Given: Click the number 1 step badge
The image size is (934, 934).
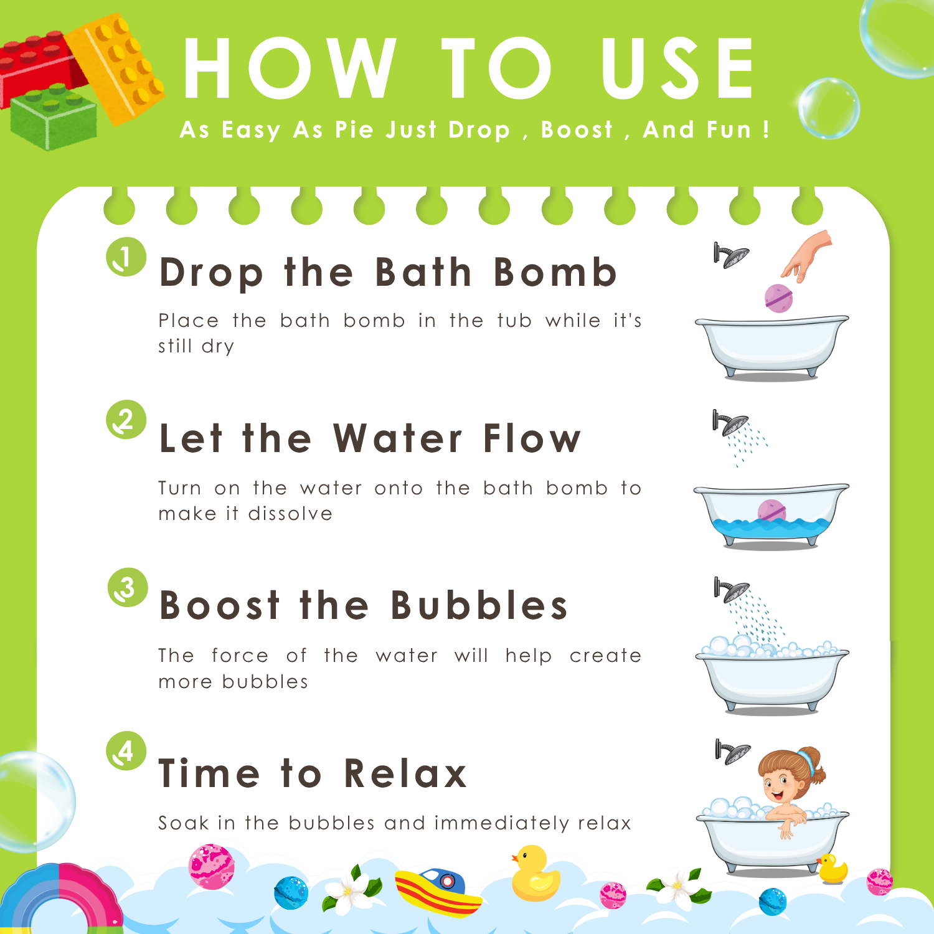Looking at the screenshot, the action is [x=126, y=257].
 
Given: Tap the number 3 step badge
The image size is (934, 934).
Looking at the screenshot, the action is [x=128, y=587].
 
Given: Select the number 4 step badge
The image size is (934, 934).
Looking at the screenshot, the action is [x=126, y=751].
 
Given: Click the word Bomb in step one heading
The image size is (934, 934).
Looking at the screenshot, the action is [x=555, y=272].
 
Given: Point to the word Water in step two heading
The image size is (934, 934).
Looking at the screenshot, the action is [x=398, y=438].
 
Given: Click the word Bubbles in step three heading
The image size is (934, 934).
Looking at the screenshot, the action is [x=479, y=605].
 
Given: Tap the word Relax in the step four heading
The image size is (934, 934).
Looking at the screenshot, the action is [x=405, y=773].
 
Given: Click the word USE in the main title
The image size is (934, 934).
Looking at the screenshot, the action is [x=677, y=68].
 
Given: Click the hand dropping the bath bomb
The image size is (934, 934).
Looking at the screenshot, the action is [x=808, y=255].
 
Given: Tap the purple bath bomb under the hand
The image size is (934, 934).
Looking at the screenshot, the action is [x=778, y=298].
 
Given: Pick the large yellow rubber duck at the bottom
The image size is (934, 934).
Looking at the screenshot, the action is [x=534, y=874].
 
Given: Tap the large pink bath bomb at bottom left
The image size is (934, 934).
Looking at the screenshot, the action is [x=212, y=866].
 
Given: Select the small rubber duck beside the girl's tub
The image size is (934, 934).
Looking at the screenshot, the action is [x=832, y=869].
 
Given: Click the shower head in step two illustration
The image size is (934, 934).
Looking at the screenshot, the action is [x=730, y=423].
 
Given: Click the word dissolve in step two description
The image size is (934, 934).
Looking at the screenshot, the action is [x=290, y=514].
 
